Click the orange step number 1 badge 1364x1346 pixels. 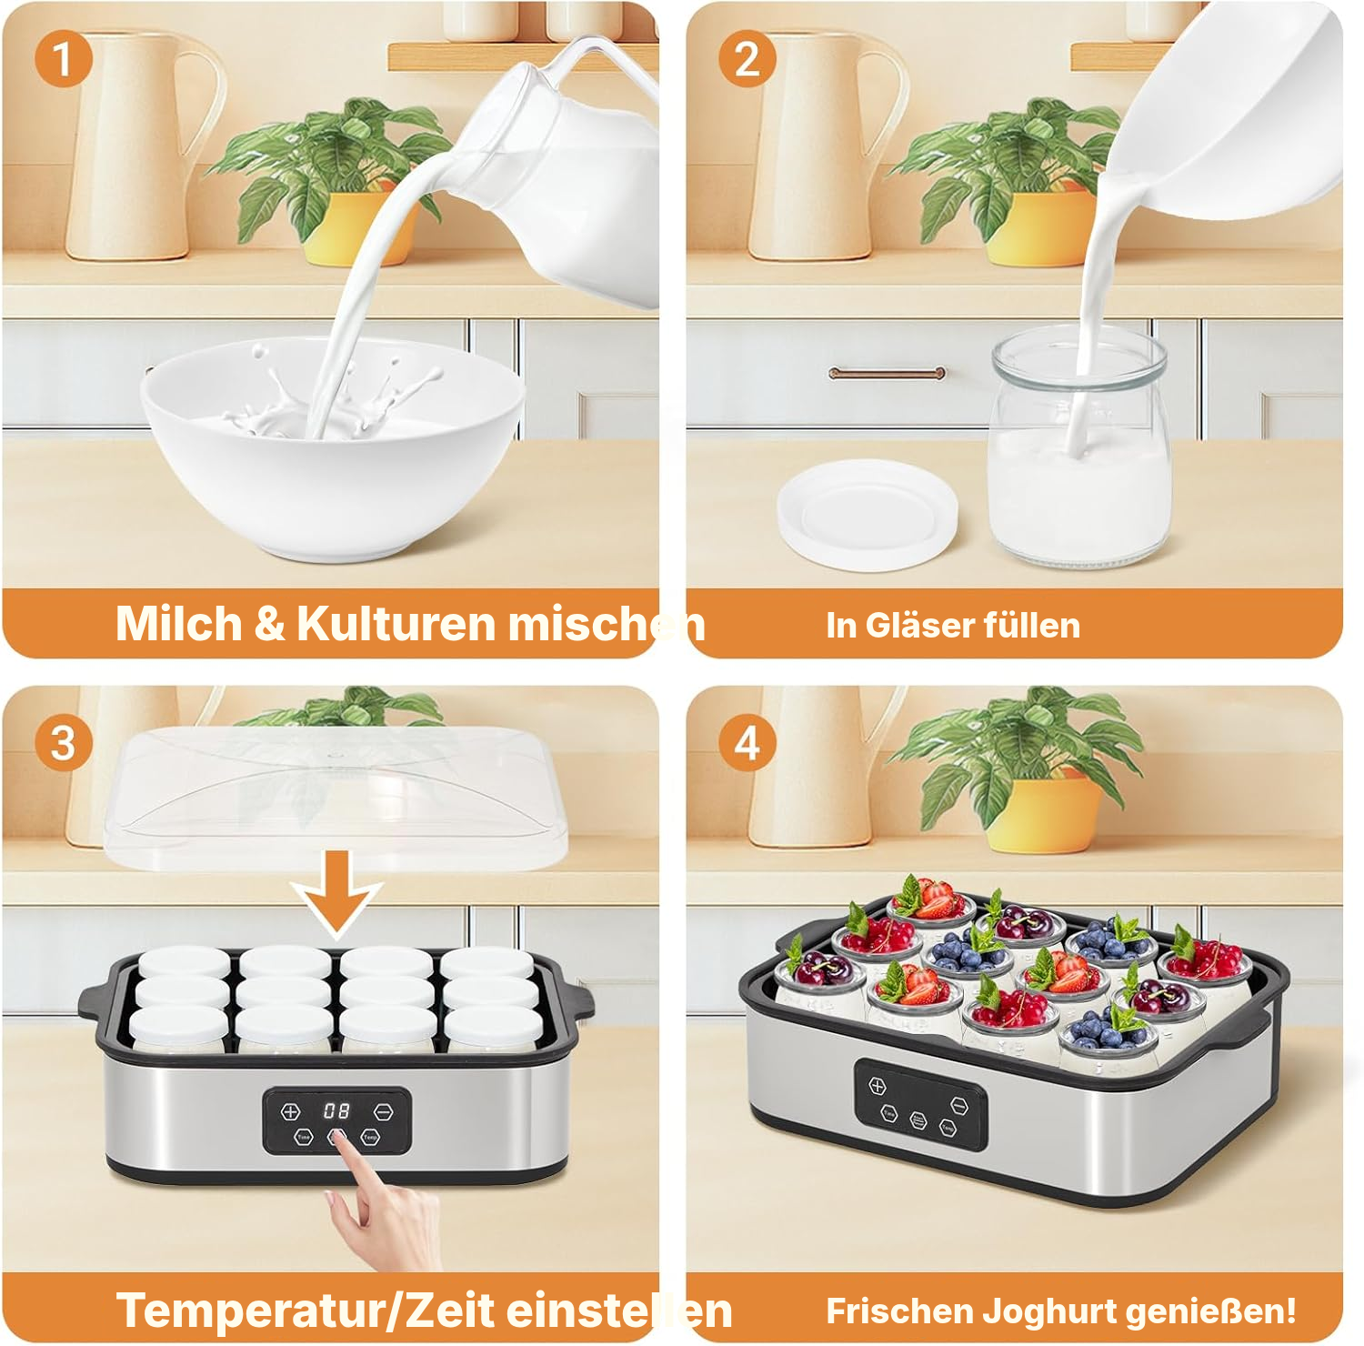click(x=63, y=59)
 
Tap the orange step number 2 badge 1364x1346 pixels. click(x=747, y=59)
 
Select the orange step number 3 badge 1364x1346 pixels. click(x=63, y=743)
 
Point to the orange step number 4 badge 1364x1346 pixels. click(x=747, y=743)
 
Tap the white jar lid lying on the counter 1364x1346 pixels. click(x=868, y=514)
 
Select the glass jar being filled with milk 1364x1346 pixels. click(x=1078, y=447)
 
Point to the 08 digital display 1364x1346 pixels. click(x=336, y=1110)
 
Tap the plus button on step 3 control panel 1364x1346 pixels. click(x=290, y=1111)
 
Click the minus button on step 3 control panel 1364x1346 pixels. click(x=384, y=1111)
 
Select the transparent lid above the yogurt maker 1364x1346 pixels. click(x=334, y=798)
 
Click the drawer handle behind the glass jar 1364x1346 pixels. click(x=887, y=373)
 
